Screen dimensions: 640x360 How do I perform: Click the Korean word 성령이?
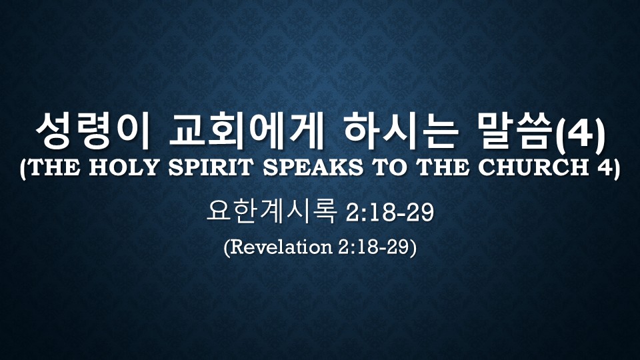(93, 131)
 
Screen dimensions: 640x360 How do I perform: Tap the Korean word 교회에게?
(247, 131)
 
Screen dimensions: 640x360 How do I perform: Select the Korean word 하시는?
(401, 131)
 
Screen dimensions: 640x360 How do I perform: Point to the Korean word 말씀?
(516, 131)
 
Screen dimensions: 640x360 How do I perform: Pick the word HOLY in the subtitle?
(123, 167)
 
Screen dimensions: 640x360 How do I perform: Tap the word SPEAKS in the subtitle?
(313, 167)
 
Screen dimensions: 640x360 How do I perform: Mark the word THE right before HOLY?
(53, 167)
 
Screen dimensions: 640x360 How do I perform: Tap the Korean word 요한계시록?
(272, 211)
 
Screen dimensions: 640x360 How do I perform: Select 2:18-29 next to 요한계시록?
(389, 213)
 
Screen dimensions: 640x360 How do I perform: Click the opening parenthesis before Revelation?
(227, 247)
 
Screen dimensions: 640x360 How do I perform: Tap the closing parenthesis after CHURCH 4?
(615, 168)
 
